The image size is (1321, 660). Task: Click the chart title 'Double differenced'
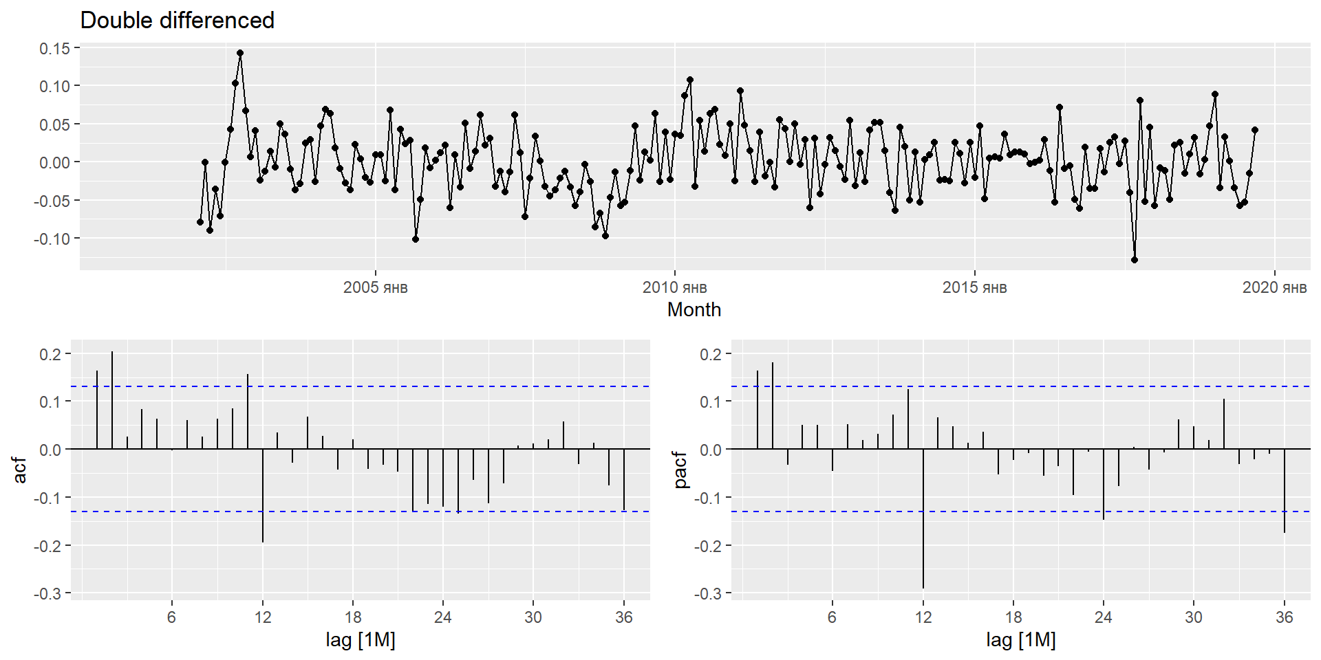coord(177,21)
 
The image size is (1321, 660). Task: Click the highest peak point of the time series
coord(240,53)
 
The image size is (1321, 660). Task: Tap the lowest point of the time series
coord(1135,260)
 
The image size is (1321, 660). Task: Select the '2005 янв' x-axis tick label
coord(375,287)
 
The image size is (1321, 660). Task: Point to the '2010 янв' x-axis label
coord(674,287)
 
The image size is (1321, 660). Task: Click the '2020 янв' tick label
coord(1274,287)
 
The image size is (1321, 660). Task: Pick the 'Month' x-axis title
coord(694,310)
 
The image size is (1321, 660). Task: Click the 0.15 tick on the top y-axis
coord(54,48)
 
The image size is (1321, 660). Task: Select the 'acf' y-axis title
coord(20,470)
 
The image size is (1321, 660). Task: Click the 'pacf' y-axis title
coord(680,470)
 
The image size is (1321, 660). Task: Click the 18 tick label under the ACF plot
coord(353,617)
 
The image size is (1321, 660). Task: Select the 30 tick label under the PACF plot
coord(1194,617)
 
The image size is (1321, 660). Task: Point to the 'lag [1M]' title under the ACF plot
coord(361,640)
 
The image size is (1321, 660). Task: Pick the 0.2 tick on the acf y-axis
coord(50,354)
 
